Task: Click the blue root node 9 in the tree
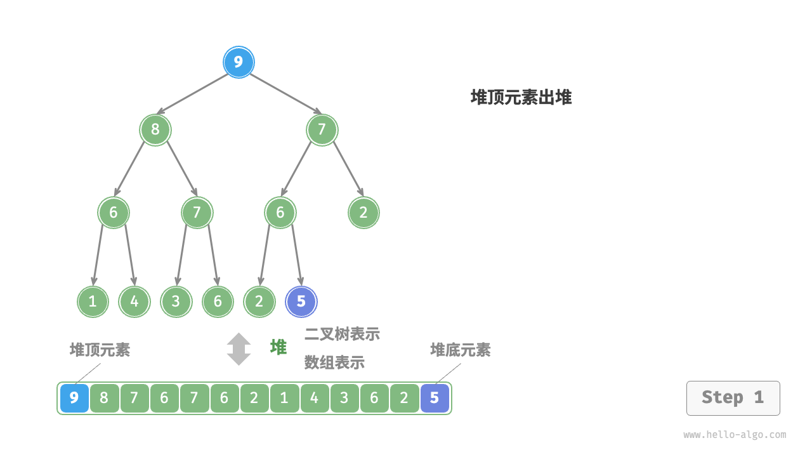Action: [239, 62]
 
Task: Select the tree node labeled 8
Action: [155, 130]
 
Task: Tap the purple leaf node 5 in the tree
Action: [301, 301]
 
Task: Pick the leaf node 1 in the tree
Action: [93, 301]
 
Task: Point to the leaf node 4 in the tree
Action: [134, 301]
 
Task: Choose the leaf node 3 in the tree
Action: [176, 301]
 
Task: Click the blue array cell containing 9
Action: [74, 399]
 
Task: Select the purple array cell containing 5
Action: [435, 399]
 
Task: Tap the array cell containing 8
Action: [104, 399]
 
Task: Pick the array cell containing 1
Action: [284, 399]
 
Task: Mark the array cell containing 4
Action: [314, 399]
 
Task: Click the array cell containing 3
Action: [344, 399]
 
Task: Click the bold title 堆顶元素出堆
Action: [521, 98]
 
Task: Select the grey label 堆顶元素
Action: [100, 350]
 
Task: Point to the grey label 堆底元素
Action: [460, 350]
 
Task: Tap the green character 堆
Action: [278, 347]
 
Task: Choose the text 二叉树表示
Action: [342, 334]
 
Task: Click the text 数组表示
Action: [334, 362]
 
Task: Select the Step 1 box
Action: [733, 398]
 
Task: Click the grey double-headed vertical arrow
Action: [239, 349]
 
